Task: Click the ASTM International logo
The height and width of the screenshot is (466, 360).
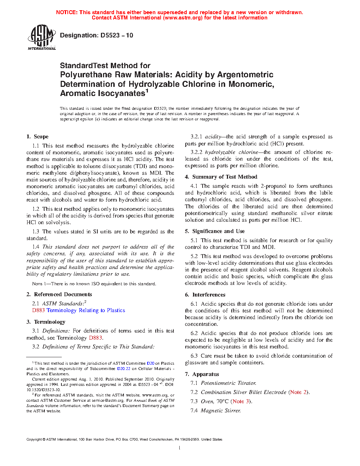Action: pyautogui.click(x=41, y=37)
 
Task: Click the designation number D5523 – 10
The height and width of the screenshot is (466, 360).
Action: pyautogui.click(x=96, y=35)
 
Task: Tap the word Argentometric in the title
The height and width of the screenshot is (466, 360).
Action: pyautogui.click(x=245, y=75)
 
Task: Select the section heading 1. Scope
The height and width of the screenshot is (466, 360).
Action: pyautogui.click(x=37, y=137)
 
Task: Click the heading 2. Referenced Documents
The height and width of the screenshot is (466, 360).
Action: pyautogui.click(x=59, y=294)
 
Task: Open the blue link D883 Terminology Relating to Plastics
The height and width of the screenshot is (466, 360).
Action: pyautogui.click(x=78, y=310)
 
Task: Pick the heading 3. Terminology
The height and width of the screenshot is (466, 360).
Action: pyautogui.click(x=46, y=322)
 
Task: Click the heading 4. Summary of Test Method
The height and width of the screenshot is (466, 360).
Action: pyautogui.click(x=221, y=177)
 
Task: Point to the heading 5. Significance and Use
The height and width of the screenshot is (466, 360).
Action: pyautogui.click(x=215, y=231)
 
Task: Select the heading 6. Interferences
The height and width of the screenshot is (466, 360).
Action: pyautogui.click(x=205, y=295)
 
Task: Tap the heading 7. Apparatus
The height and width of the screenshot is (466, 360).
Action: pyautogui.click(x=202, y=374)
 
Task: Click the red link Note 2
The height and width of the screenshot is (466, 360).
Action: pyautogui.click(x=299, y=392)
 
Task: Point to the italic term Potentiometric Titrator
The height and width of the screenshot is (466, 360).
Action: pyautogui.click(x=228, y=383)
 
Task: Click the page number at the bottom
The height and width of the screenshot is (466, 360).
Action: pyautogui.click(x=180, y=448)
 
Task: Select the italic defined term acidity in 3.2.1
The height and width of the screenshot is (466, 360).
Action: pyautogui.click(x=213, y=137)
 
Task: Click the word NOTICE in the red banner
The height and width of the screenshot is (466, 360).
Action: pyautogui.click(x=66, y=12)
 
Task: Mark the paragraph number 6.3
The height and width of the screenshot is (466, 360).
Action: pyautogui.click(x=194, y=356)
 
